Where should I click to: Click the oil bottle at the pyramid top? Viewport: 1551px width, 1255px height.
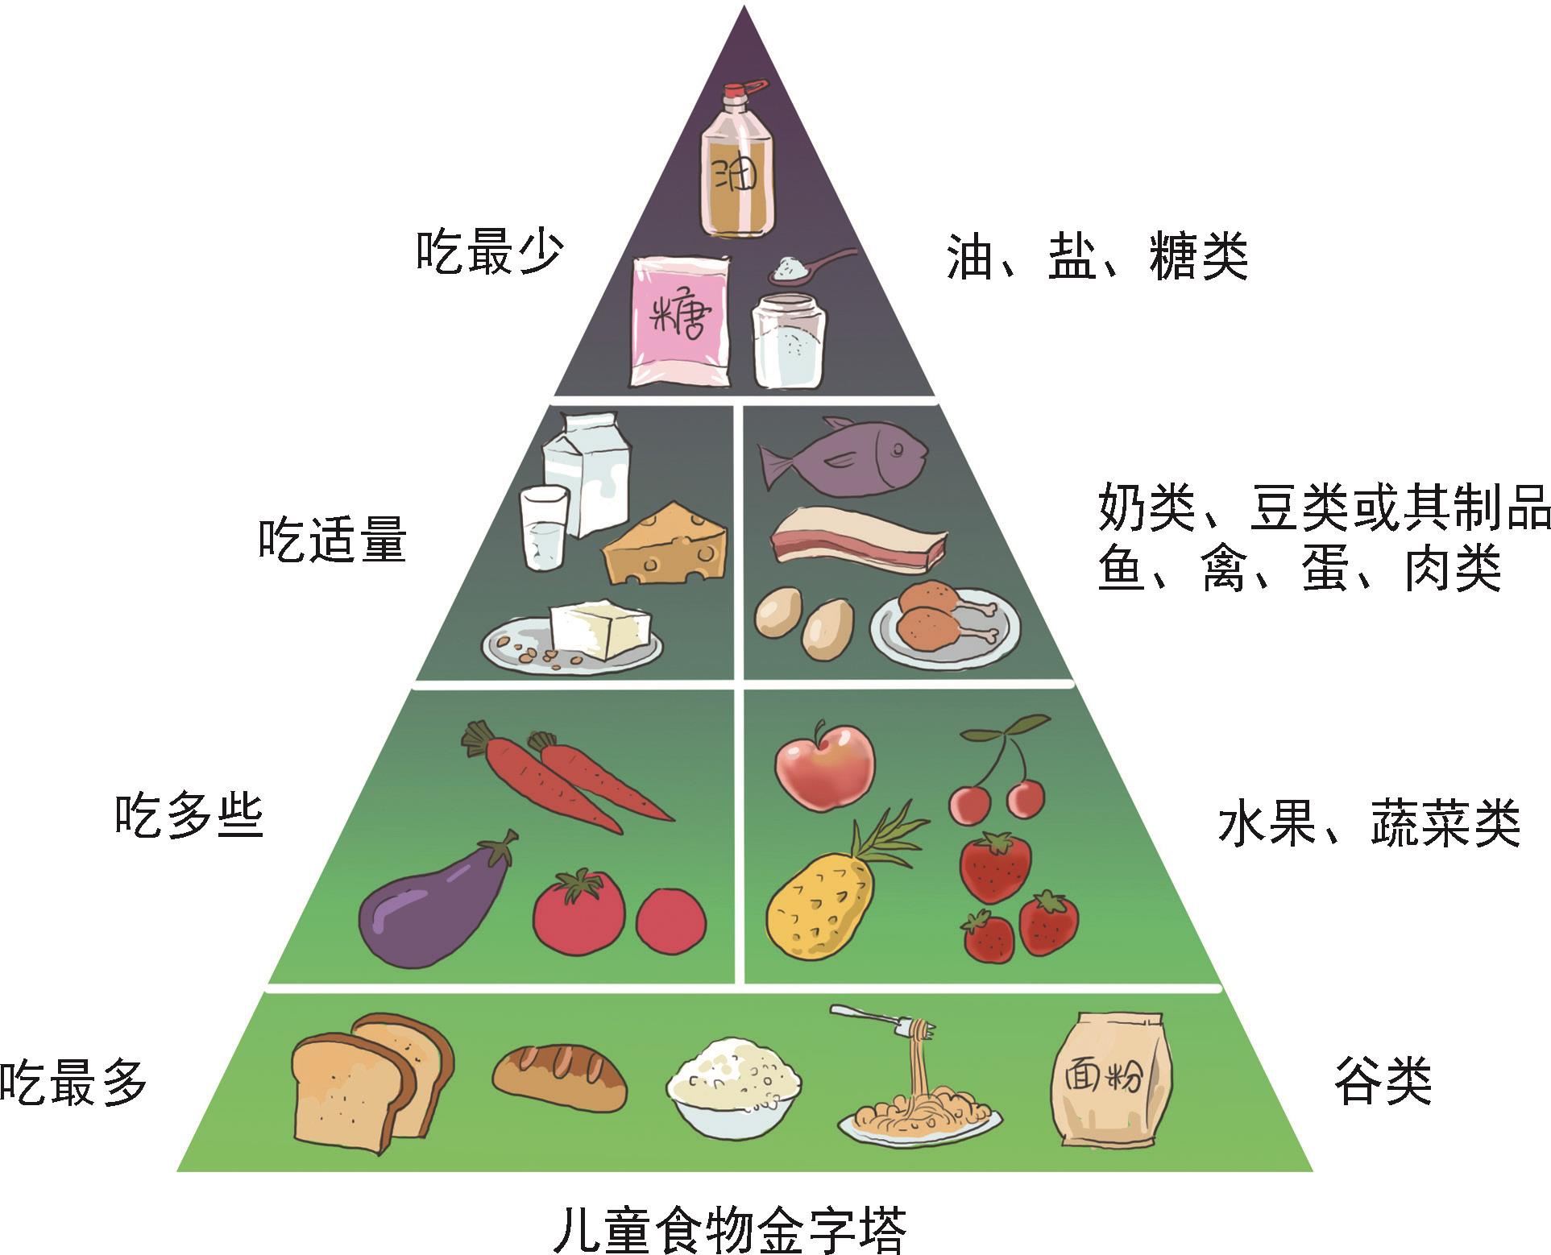[x=736, y=165]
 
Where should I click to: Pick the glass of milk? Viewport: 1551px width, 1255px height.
[x=544, y=527]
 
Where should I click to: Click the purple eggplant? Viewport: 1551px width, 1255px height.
[x=435, y=902]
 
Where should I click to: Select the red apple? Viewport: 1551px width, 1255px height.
[x=823, y=764]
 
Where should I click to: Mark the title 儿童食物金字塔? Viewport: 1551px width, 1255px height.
[x=730, y=1228]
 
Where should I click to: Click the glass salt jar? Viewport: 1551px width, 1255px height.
[x=789, y=340]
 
